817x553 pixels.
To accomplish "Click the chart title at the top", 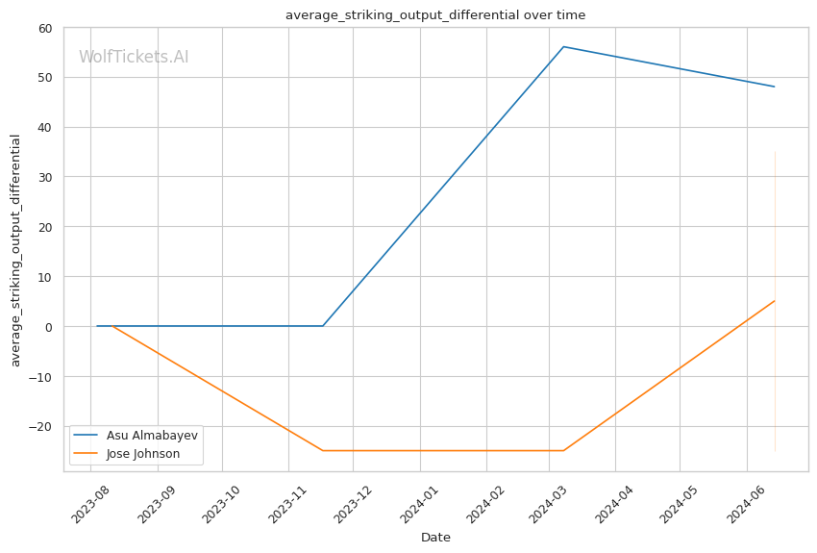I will coord(435,15).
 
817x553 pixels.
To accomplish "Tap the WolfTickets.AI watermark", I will coord(134,58).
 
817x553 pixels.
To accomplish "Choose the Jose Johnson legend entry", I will coord(143,453).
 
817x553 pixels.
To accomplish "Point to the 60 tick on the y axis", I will coord(45,28).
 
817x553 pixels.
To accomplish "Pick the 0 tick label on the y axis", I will coord(48,327).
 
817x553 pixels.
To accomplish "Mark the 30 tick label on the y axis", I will coord(45,177).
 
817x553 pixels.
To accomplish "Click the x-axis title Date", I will coord(435,538).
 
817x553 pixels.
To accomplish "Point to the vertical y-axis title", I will coord(16,250).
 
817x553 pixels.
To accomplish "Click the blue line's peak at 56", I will coord(563,46).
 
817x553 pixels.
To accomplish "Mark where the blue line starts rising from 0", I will coord(323,326).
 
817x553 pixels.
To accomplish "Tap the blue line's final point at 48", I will coord(775,87).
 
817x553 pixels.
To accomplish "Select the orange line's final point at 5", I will coord(775,301).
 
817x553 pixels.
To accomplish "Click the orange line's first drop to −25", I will coord(323,450).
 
